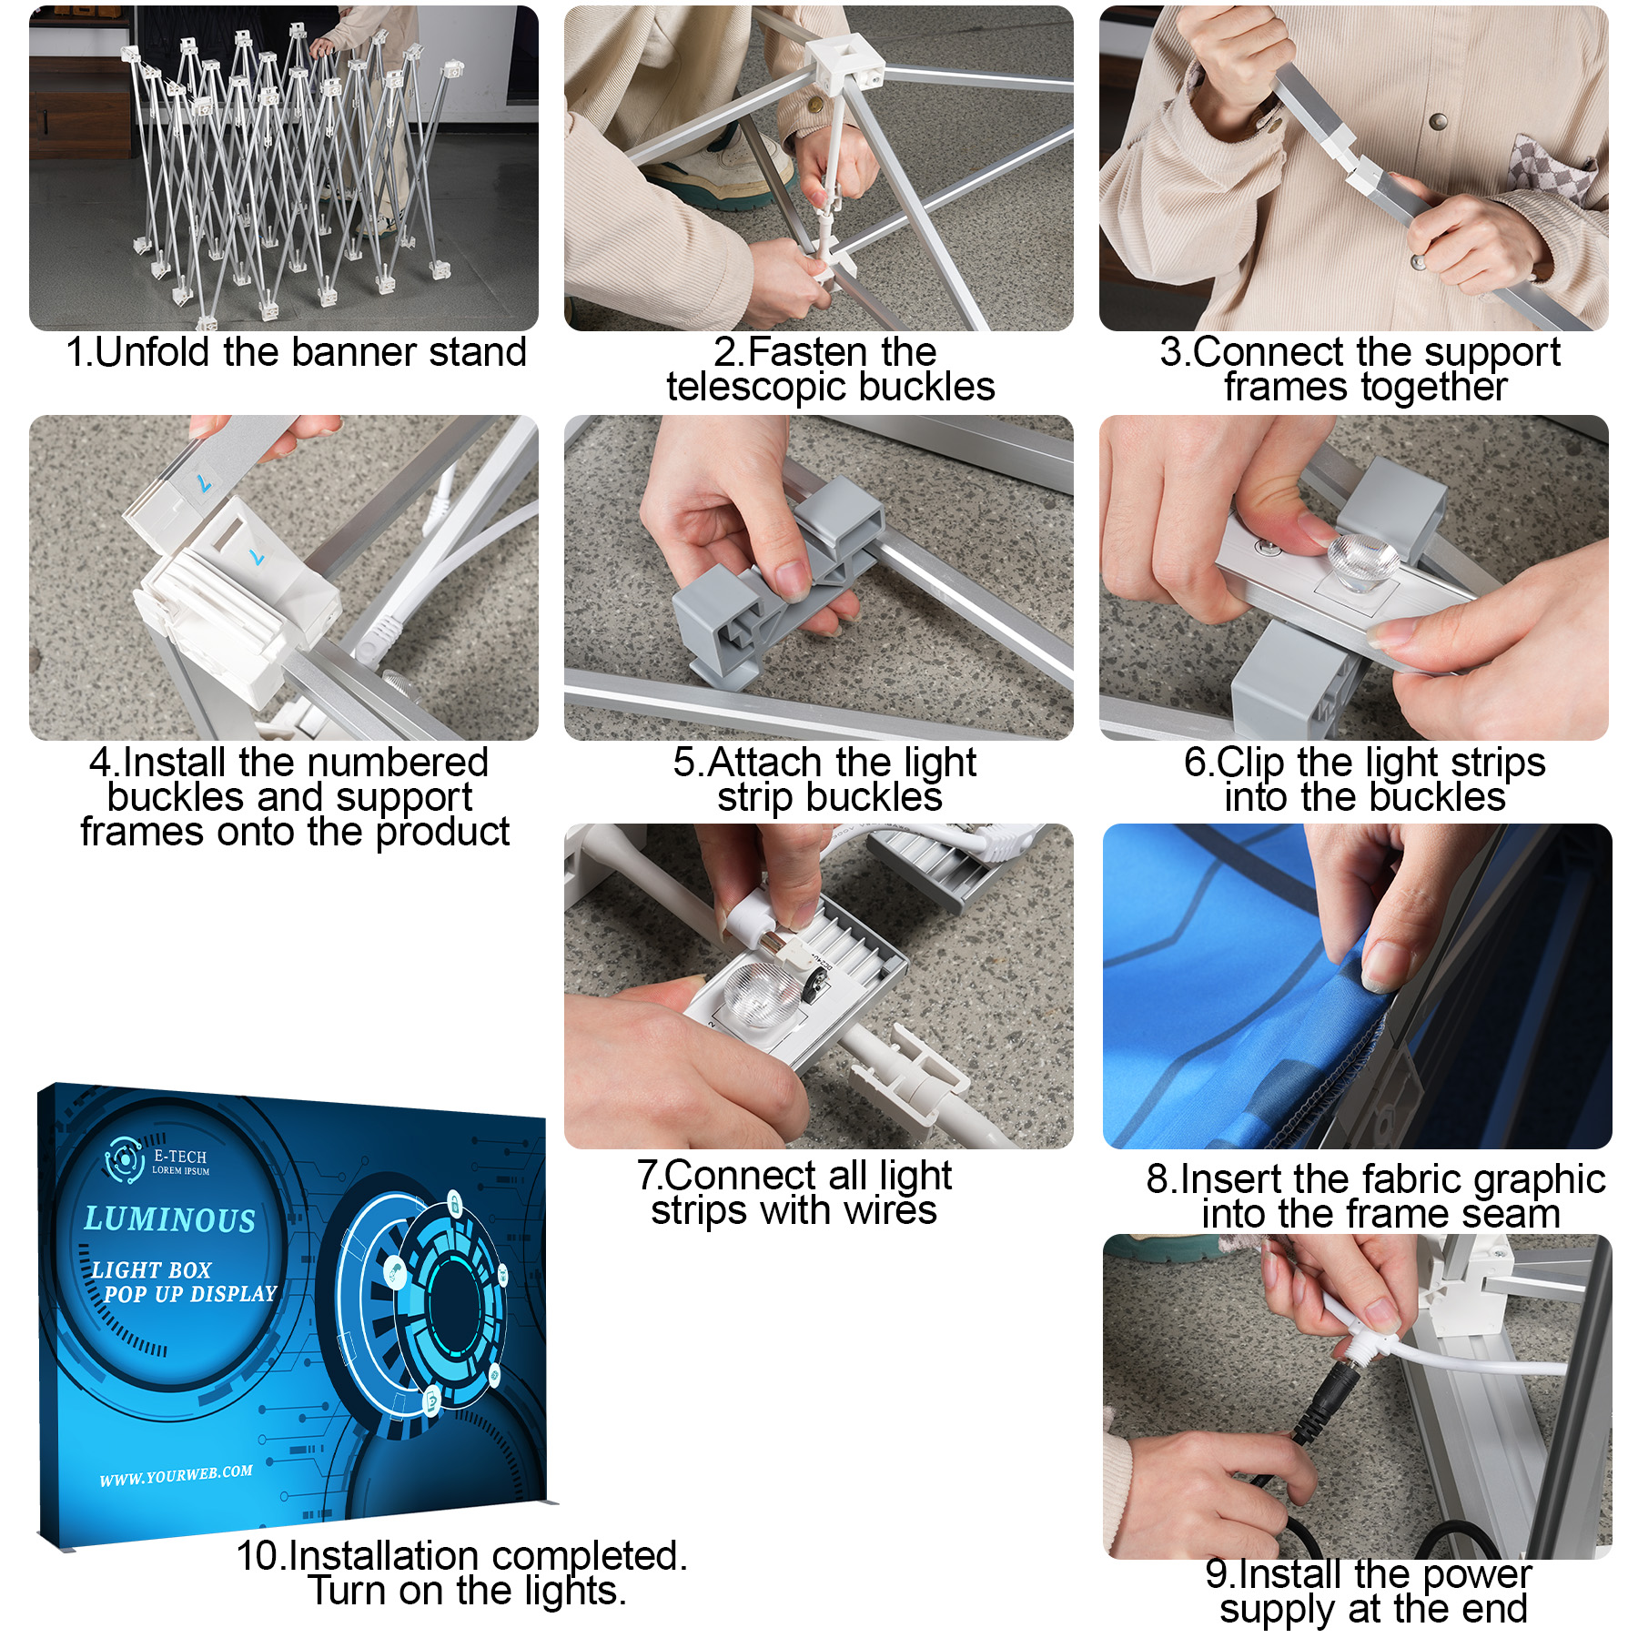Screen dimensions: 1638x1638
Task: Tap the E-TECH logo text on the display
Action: [180, 1157]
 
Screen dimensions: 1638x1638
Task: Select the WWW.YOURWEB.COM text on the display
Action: [176, 1475]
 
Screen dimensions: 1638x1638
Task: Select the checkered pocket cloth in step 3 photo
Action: [1555, 168]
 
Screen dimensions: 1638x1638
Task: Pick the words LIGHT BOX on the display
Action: [151, 1269]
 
